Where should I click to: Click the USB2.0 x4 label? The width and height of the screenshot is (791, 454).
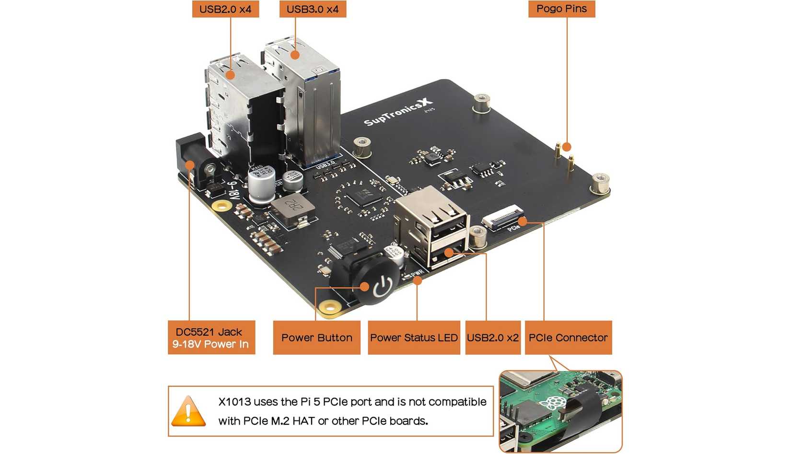(225, 9)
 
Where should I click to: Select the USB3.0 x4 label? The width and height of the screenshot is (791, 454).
(313, 9)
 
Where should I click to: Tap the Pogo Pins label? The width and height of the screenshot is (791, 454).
(561, 9)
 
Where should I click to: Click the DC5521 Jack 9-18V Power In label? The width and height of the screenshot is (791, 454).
(211, 338)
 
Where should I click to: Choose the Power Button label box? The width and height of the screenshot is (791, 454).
(316, 338)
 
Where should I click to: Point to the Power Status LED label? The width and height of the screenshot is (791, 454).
(414, 338)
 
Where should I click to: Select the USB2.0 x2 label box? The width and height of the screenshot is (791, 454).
(492, 338)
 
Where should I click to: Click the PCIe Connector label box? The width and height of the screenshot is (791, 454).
(568, 338)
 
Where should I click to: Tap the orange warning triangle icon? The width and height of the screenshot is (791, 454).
(188, 411)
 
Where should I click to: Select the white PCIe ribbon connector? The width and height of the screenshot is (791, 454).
(502, 217)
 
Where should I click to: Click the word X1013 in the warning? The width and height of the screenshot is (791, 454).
(234, 402)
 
